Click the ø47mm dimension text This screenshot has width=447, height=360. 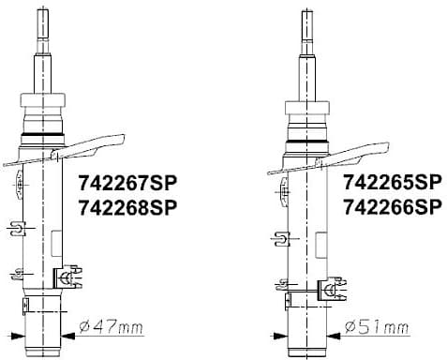pyautogui.click(x=113, y=326)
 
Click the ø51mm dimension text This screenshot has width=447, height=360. pyautogui.click(x=378, y=326)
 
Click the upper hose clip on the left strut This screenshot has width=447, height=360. pyautogui.click(x=18, y=228)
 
